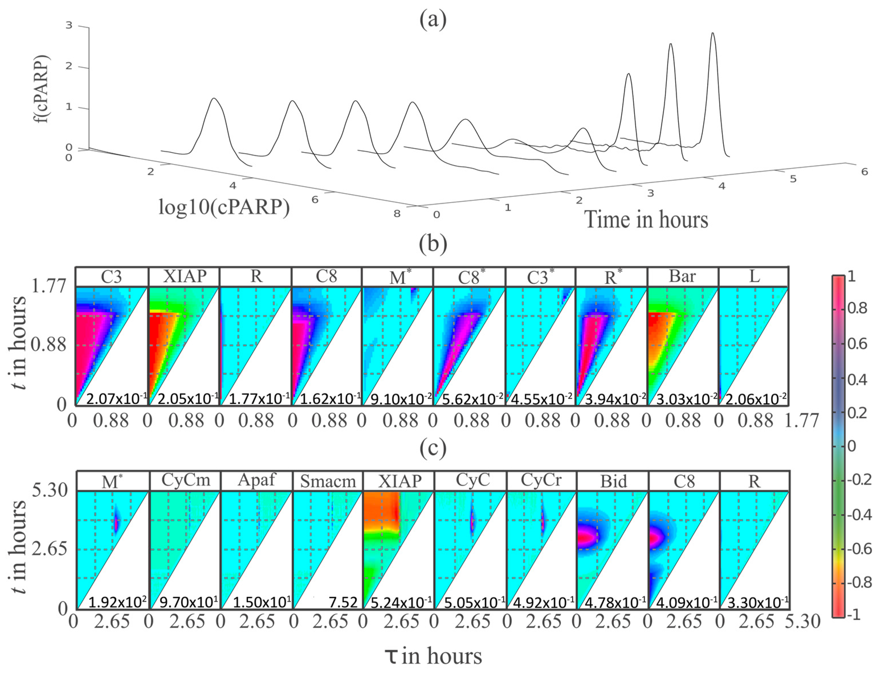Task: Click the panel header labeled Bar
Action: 682,277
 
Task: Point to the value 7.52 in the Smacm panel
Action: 343,602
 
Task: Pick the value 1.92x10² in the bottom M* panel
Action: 117,602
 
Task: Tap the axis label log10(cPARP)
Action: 224,207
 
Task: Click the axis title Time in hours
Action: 646,220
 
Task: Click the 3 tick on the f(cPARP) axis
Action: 69,25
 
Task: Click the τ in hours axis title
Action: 433,656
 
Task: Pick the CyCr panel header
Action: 541,480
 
